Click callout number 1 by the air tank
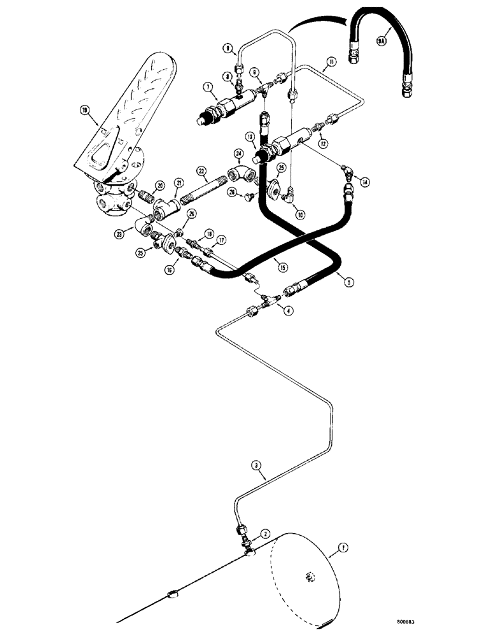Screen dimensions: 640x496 coord(344,548)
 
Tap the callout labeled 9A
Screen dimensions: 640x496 coord(382,42)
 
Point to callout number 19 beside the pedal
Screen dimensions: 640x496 coord(84,111)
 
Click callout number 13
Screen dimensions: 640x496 coord(250,136)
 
